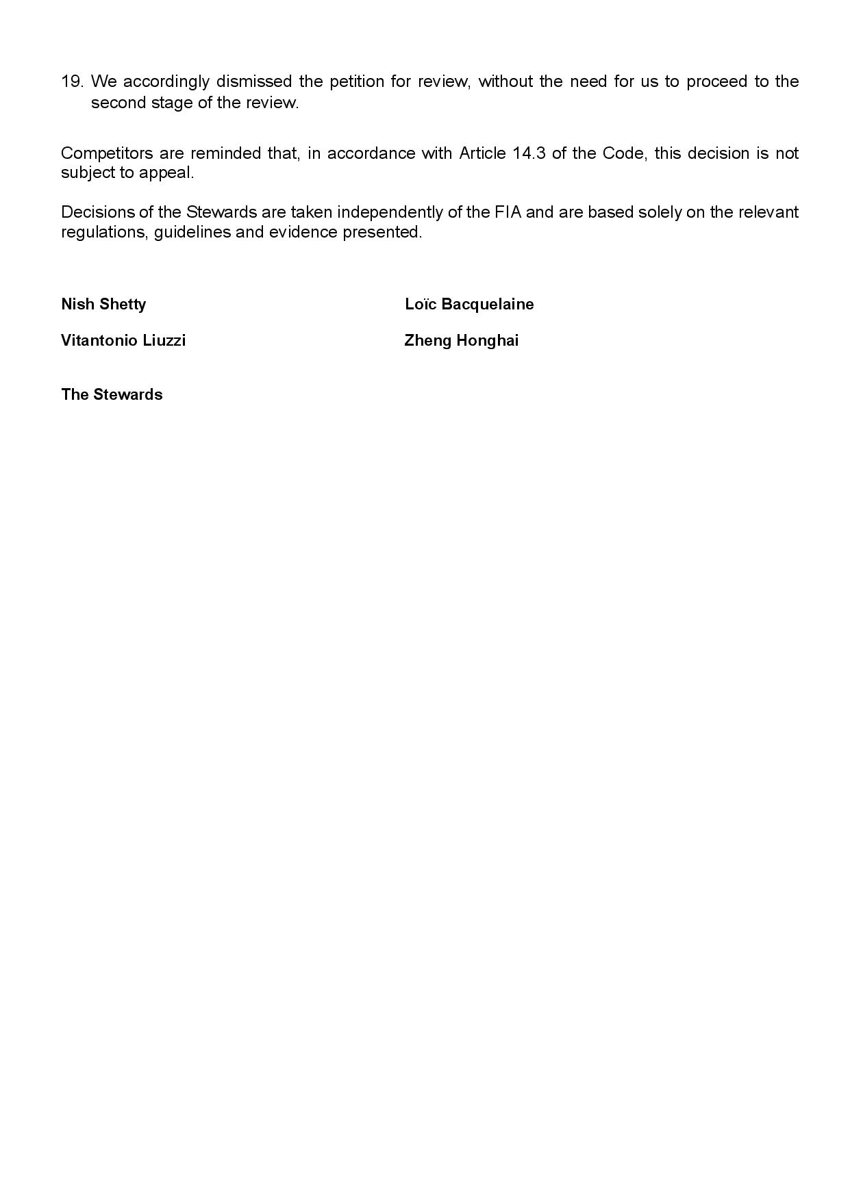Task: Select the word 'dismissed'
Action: pos(253,81)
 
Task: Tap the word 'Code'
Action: pos(623,153)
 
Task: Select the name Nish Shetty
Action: pos(103,304)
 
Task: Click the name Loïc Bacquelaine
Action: pos(469,304)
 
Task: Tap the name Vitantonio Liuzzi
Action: pos(123,340)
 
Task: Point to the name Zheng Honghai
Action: pos(462,340)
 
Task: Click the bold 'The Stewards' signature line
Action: pos(112,394)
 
